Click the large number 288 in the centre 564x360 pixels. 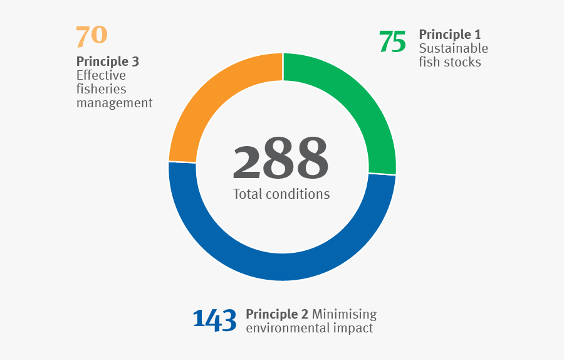point(281,159)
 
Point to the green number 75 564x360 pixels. point(393,42)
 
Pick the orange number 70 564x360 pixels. point(91,36)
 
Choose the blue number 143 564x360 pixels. point(215,319)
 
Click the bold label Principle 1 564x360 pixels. point(450,34)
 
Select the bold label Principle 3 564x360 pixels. point(108,61)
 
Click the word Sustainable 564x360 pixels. point(454,48)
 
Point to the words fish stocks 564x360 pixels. point(450,62)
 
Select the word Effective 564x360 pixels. point(101,75)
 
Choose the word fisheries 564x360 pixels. point(102,89)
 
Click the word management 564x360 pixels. point(115,103)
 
